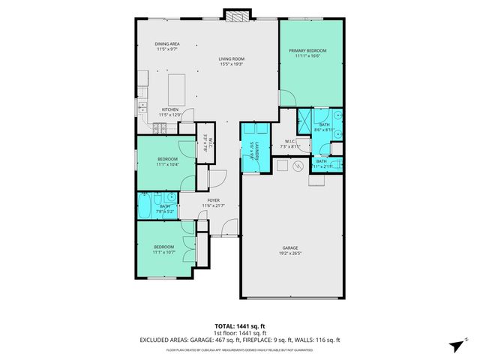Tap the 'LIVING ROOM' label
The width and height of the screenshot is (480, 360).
point(232,58)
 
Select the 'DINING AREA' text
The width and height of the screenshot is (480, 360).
point(167,44)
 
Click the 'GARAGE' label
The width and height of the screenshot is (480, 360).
point(291,247)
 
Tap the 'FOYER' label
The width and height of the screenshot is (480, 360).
point(214,200)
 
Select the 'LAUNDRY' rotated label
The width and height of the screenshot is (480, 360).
point(256,149)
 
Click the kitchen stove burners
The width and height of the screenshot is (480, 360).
point(160,129)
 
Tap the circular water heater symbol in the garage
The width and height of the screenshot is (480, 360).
point(298,166)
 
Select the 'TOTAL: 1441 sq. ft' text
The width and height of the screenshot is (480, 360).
point(239,326)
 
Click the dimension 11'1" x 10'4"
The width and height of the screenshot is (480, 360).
point(166,164)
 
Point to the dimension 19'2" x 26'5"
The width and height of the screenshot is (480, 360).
point(291,253)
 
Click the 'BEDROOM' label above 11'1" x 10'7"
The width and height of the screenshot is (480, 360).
point(164,247)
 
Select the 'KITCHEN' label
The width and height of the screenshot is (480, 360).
point(171,109)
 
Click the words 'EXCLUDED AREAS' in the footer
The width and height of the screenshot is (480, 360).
point(166,340)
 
